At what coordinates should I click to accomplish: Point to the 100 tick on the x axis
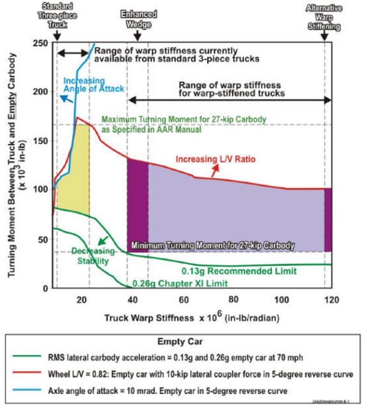tap(280, 299)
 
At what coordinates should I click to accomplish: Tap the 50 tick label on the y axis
tap(40, 239)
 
